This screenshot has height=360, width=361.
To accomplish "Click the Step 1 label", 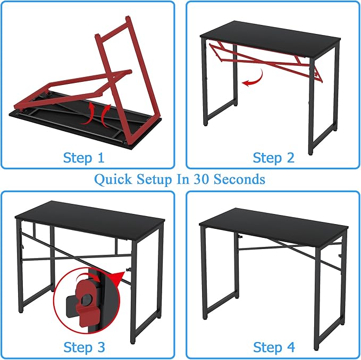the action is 84,158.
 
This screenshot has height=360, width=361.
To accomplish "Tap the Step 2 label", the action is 273,158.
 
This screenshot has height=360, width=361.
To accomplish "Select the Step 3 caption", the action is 84,347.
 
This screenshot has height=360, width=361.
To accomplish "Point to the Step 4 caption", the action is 274,347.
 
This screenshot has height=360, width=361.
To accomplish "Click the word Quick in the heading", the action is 113,179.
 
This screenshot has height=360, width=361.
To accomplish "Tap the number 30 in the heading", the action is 202,179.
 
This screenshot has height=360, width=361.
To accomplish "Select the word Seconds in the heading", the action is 239,179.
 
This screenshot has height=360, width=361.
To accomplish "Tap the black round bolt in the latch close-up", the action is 87,299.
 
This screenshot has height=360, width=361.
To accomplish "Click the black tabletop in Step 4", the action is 273,226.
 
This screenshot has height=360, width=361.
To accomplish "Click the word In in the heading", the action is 182,179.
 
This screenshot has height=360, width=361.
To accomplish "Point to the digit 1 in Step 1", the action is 100,158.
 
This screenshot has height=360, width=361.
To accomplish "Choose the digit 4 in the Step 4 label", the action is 291,347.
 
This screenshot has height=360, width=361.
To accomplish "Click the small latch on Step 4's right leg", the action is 340,255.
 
